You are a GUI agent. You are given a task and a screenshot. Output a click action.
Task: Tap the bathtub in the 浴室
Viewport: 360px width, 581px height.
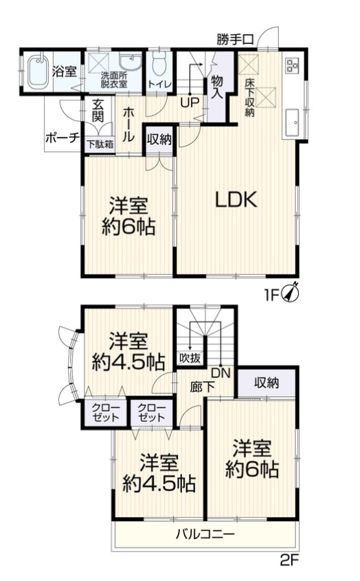click(38, 72)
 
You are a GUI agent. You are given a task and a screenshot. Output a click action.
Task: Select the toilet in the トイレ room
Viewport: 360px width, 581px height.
click(160, 65)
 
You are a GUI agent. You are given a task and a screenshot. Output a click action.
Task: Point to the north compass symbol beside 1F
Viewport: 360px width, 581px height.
click(291, 292)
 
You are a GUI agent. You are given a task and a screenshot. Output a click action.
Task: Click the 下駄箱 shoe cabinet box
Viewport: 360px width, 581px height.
click(95, 145)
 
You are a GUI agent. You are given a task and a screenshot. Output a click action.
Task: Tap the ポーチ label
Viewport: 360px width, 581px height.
click(61, 137)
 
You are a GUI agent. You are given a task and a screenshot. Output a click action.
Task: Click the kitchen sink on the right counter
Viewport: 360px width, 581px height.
click(295, 122)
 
